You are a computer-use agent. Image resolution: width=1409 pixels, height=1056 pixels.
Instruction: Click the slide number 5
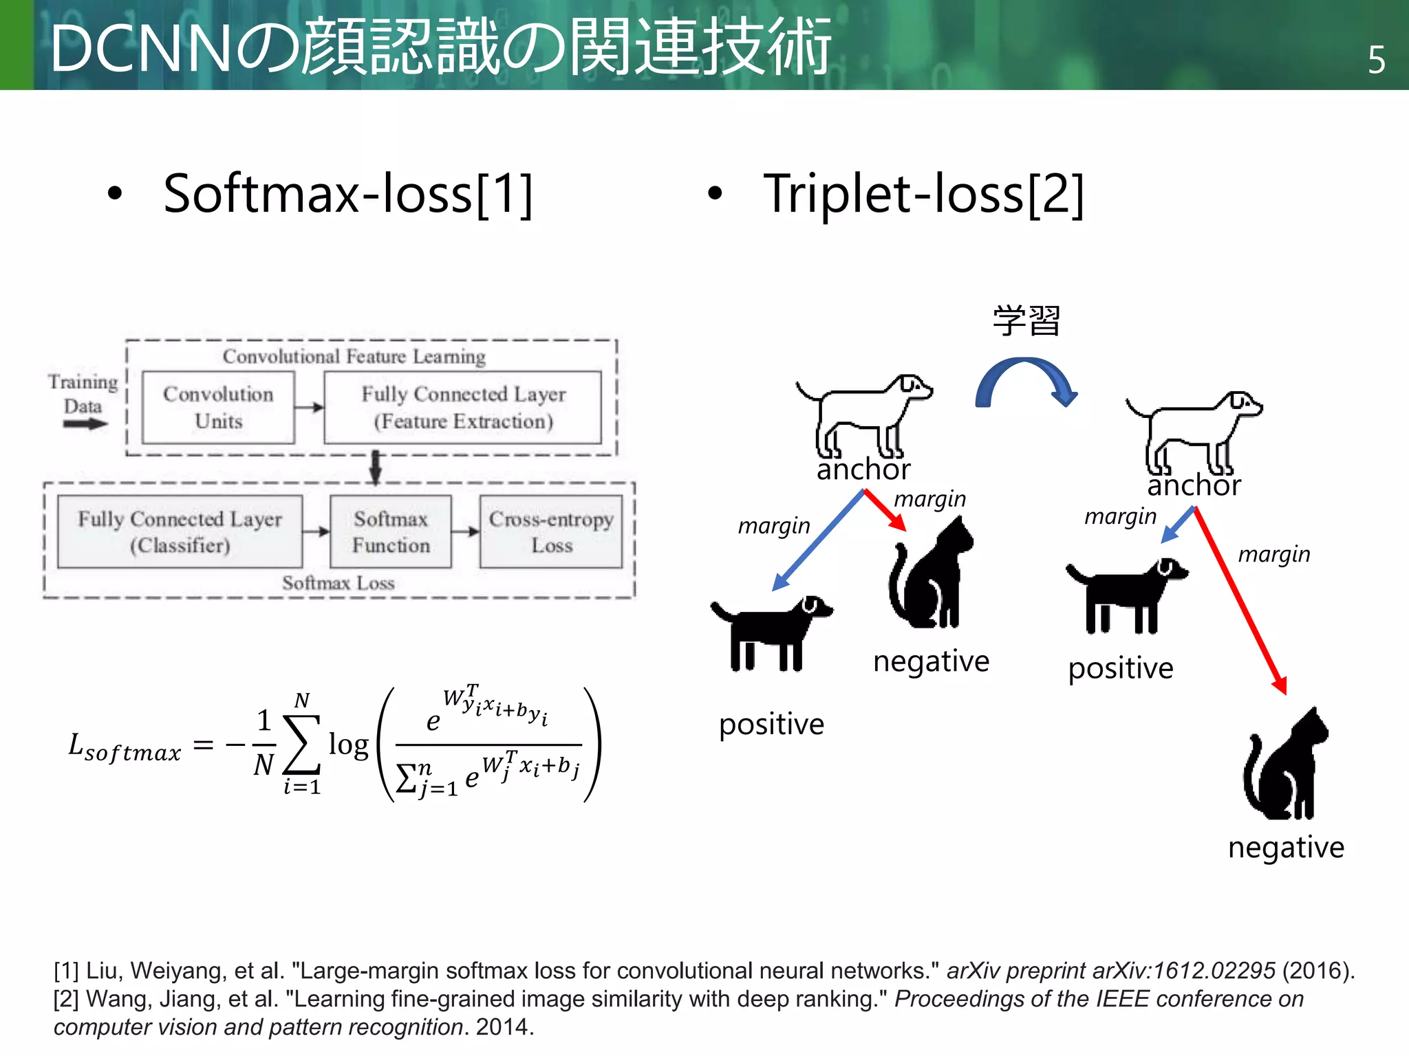[1376, 60]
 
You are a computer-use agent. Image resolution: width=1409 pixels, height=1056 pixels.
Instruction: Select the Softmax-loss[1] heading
[348, 195]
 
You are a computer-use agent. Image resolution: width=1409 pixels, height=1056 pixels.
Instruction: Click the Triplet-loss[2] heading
[923, 195]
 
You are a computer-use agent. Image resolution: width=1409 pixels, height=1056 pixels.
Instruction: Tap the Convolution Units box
[218, 408]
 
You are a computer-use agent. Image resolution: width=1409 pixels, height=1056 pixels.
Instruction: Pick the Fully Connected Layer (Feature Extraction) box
[463, 408]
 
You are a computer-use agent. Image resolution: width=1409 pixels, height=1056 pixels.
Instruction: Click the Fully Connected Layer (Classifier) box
[180, 532]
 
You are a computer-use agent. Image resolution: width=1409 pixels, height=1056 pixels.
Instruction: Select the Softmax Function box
[391, 532]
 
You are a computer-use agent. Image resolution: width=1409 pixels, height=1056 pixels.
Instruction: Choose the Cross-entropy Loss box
[551, 532]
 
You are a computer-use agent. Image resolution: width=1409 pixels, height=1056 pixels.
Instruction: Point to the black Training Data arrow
[85, 424]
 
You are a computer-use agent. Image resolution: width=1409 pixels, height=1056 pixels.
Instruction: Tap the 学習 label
[1026, 320]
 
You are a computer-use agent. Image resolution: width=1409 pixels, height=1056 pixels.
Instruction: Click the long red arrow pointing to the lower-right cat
[1240, 601]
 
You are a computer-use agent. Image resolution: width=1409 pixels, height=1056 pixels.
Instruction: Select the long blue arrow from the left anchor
[819, 540]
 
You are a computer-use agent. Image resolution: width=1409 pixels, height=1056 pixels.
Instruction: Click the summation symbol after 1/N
[301, 745]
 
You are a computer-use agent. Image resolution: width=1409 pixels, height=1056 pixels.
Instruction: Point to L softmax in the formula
[125, 748]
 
